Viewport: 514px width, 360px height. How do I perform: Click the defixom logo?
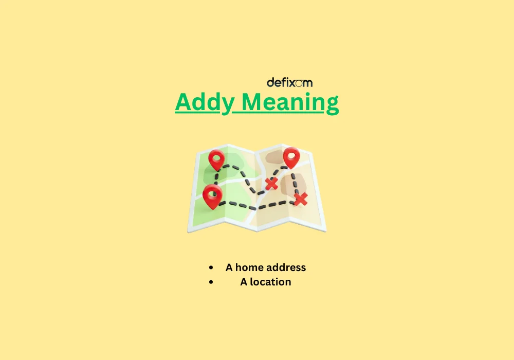(x=289, y=82)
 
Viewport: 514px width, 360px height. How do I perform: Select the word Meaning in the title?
(x=290, y=102)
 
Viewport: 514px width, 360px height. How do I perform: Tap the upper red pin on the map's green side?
(x=216, y=159)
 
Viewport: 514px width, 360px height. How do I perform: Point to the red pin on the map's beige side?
(x=291, y=156)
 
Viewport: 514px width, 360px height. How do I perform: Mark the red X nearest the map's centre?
(x=271, y=184)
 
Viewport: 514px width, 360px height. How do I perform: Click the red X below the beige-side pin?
(x=301, y=199)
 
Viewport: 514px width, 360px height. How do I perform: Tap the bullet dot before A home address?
(x=211, y=268)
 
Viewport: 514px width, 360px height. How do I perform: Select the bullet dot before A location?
(x=211, y=282)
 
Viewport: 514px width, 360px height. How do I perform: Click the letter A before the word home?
(x=229, y=267)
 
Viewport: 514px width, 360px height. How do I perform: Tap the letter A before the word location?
(x=244, y=282)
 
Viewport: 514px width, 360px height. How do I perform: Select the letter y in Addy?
(x=227, y=104)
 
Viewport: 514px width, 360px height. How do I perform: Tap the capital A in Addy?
(x=183, y=102)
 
